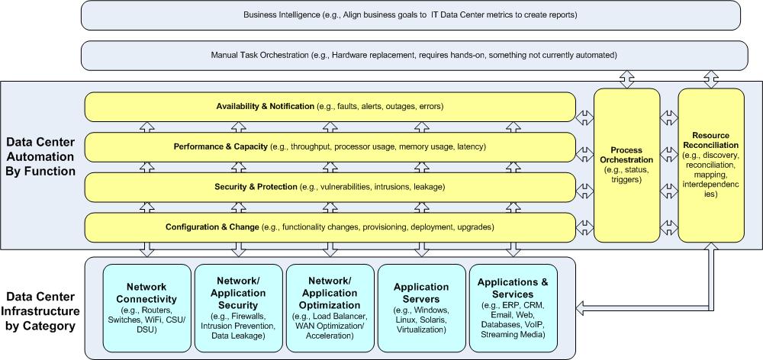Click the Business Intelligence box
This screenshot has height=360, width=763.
pos(410,15)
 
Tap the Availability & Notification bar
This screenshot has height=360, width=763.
pos(330,107)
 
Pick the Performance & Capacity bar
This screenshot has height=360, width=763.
pos(330,147)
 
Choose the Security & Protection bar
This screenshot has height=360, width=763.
pos(330,187)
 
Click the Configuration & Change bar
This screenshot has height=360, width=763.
pos(330,227)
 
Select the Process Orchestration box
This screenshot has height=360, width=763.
pos(626,165)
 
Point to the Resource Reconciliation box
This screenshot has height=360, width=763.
pos(711,165)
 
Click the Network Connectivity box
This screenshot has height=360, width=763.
pos(146,308)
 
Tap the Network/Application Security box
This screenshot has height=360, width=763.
pos(238,308)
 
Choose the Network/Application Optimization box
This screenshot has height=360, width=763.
pos(330,308)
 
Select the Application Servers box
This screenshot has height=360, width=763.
pos(421,308)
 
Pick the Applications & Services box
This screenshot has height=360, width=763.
pos(513,308)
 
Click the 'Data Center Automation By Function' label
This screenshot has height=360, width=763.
pos(40,156)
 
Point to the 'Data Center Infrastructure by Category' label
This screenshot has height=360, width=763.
pos(40,311)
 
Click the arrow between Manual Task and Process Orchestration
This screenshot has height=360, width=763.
pos(626,79)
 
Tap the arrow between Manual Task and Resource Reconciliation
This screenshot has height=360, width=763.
pos(711,79)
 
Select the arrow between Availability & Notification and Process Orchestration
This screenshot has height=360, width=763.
pos(584,117)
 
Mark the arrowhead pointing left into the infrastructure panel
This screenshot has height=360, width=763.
pos(581,307)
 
